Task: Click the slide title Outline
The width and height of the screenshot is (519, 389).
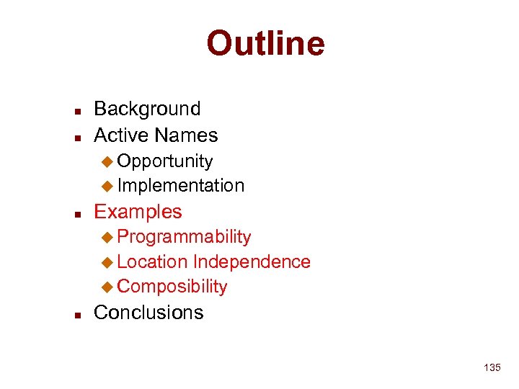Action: tap(265, 43)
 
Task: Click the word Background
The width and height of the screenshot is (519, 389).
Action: tap(147, 109)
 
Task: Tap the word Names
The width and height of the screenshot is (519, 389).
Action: tap(186, 135)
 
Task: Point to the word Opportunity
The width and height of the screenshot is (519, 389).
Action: tap(164, 161)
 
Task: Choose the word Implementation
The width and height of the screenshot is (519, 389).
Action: tap(180, 186)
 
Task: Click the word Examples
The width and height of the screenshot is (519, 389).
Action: tap(138, 212)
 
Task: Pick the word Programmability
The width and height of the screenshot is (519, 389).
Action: tap(184, 237)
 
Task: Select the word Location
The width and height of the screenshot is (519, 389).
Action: tap(152, 261)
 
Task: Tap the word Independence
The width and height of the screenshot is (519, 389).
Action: tap(252, 261)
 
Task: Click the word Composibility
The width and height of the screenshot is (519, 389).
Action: tap(172, 287)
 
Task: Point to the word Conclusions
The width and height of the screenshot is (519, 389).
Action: tap(148, 313)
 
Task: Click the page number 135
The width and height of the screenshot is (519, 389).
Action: tap(492, 368)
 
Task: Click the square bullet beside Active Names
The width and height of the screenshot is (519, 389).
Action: tap(77, 137)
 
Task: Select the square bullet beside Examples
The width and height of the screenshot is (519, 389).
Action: tap(77, 213)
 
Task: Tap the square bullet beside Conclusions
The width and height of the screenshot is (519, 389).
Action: tap(77, 314)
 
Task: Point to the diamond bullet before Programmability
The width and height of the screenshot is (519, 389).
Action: tap(107, 237)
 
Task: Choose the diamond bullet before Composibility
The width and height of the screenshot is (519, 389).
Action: tap(107, 287)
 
